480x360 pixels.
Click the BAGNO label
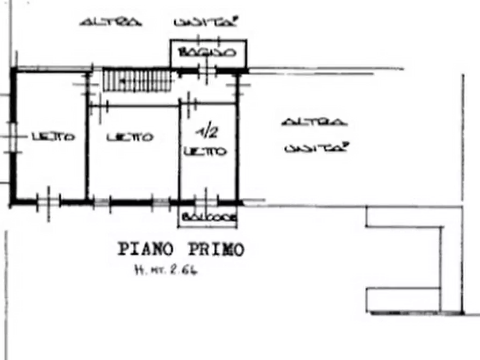click(207, 53)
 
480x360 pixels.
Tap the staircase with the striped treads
click(137, 81)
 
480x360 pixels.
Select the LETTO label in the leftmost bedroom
click(53, 137)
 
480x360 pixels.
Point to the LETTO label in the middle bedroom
click(130, 138)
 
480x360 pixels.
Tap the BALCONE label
click(209, 218)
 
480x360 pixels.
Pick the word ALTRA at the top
click(110, 22)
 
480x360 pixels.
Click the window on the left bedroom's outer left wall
click(12, 137)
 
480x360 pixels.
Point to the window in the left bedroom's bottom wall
click(47, 203)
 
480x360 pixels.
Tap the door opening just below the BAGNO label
click(207, 70)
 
